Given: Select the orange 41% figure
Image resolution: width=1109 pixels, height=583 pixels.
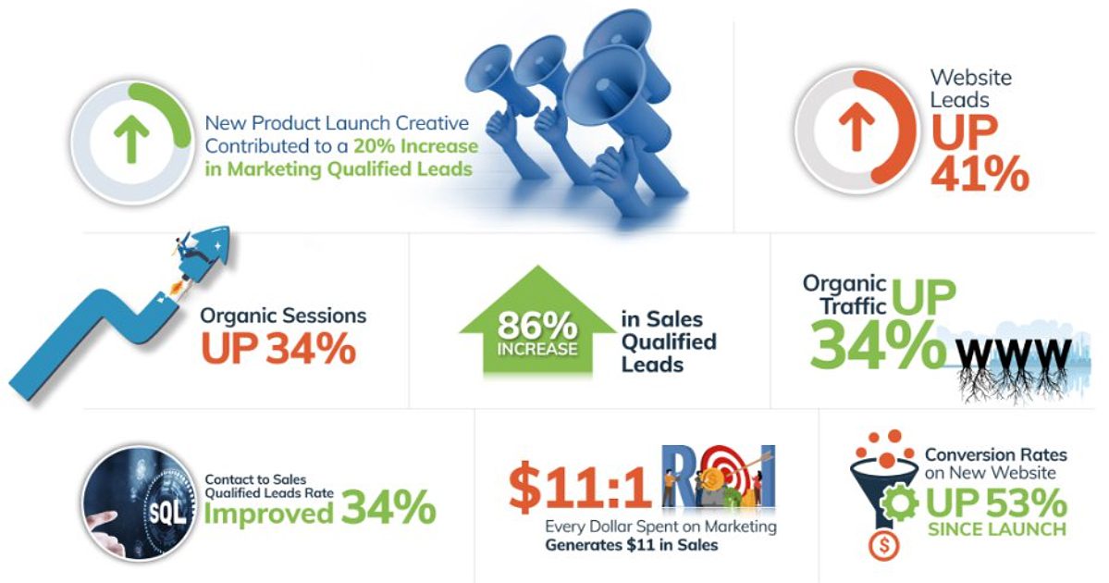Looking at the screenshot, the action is [980, 173].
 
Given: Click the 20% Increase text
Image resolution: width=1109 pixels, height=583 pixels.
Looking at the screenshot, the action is [416, 146].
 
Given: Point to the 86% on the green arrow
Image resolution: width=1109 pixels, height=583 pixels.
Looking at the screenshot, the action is [536, 326].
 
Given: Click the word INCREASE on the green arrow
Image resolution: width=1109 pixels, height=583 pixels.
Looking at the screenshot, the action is [536, 349].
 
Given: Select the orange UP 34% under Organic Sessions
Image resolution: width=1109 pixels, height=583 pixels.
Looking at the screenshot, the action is [278, 348].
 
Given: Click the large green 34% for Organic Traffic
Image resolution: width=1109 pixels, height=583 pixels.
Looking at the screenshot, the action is [877, 344].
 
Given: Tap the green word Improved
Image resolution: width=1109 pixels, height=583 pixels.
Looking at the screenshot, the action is [268, 514].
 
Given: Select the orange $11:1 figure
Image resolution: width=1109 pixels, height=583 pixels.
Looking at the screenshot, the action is [579, 488].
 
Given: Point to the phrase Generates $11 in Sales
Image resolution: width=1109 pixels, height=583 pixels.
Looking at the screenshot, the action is [632, 545].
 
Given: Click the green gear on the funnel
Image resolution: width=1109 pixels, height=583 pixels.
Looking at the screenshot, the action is [899, 503].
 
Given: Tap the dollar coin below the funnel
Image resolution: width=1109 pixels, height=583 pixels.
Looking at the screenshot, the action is [883, 546].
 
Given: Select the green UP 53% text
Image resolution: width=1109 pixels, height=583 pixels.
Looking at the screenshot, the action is [996, 503].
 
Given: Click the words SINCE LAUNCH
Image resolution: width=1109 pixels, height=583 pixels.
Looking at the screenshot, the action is [996, 529].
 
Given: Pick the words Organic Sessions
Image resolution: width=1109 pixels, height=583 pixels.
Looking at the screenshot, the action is [283, 316].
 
